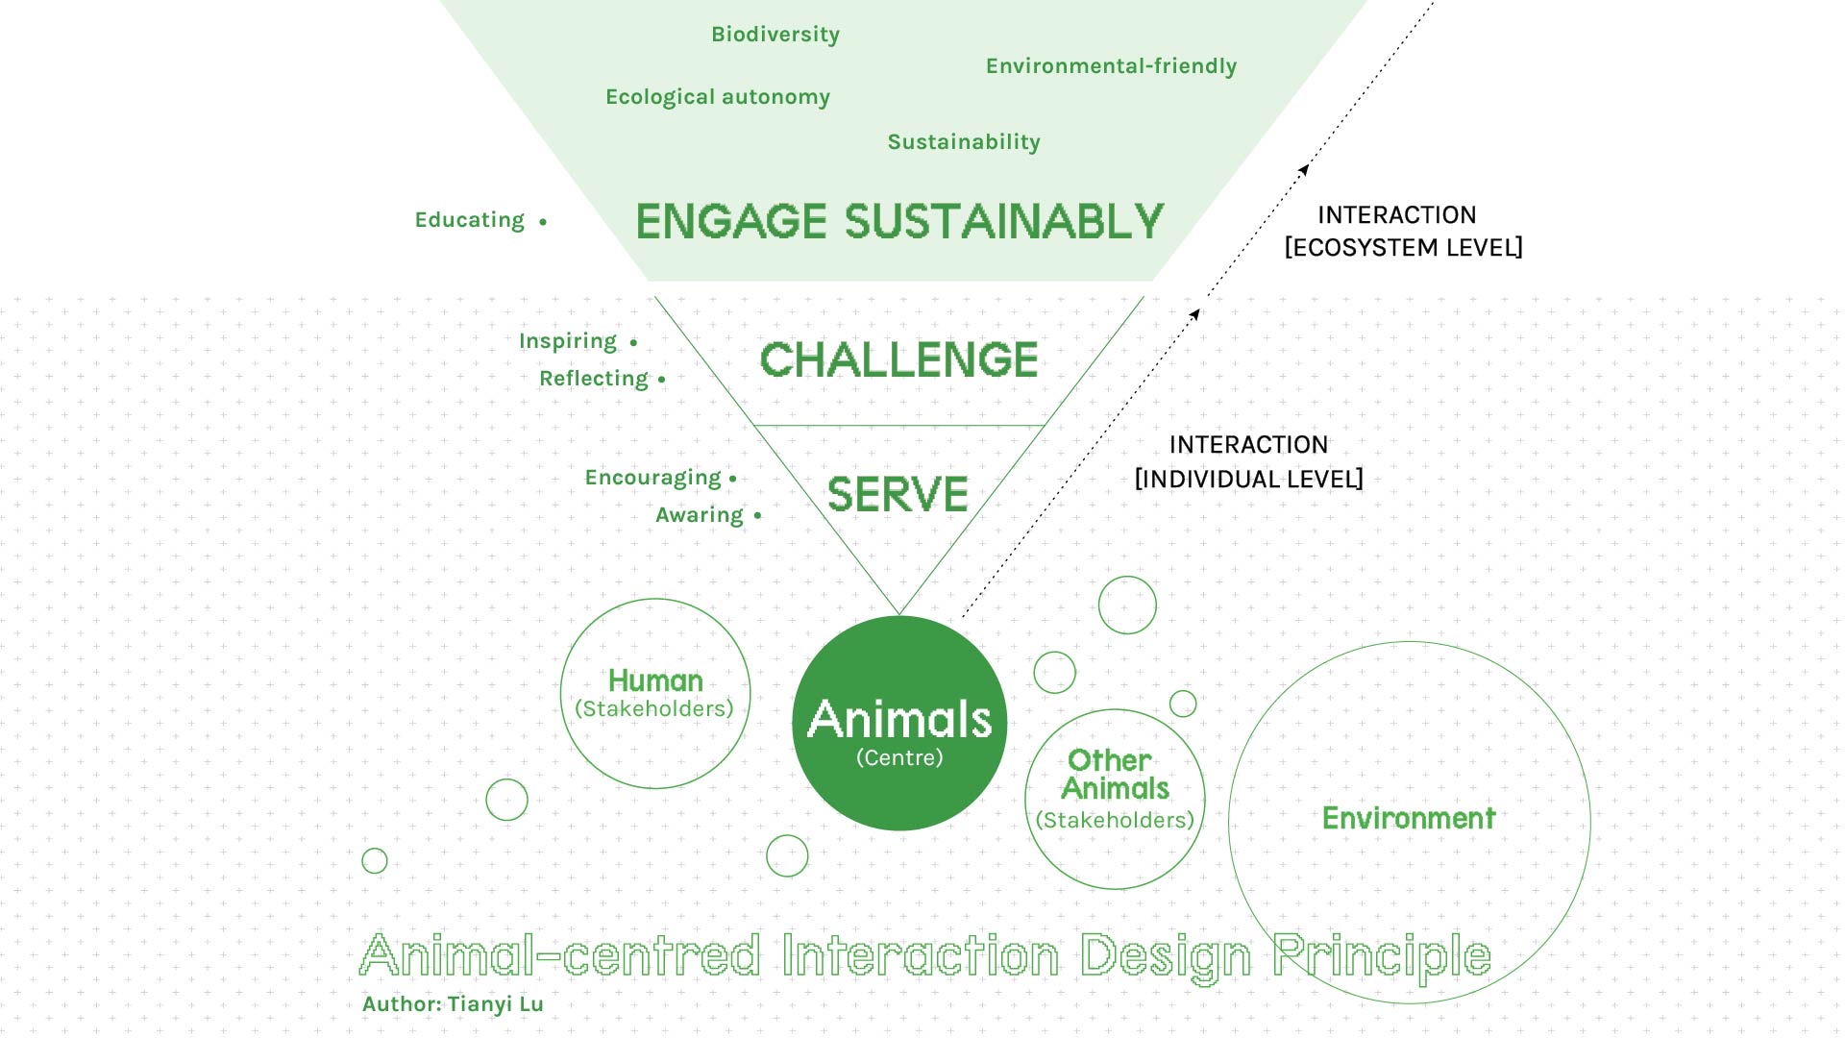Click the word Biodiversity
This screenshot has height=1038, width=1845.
point(775,35)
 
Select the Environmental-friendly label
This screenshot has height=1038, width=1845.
point(1111,65)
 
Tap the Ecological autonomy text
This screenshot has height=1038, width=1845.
point(718,97)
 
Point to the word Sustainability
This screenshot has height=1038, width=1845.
point(964,142)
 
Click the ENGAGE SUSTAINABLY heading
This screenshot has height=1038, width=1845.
point(899,221)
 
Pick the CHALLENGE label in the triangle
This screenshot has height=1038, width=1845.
point(898,359)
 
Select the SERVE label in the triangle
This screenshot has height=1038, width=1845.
point(898,494)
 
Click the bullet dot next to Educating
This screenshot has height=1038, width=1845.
point(543,222)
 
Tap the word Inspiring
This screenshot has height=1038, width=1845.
point(568,341)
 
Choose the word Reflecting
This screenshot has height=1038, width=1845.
point(594,379)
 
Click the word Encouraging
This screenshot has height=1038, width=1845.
point(653,478)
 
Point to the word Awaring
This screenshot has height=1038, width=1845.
point(700,515)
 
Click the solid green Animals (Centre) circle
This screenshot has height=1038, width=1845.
point(899,723)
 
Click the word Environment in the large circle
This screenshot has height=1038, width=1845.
point(1409,818)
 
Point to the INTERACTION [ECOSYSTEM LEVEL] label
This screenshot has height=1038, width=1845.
point(1403,231)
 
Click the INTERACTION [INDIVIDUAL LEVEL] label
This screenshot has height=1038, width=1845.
point(1248,461)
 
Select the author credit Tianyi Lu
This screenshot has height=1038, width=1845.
point(496,1004)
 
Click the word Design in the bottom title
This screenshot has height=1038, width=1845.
point(1166,957)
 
